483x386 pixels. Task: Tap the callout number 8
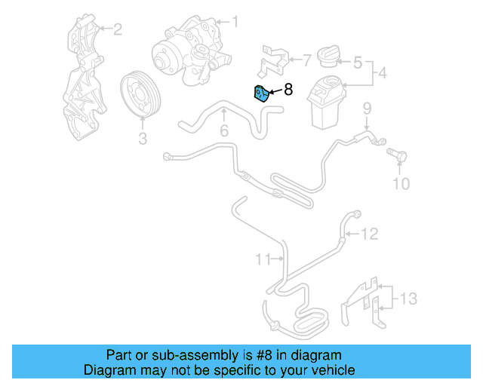pyautogui.click(x=288, y=89)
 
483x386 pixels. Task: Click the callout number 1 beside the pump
pyautogui.click(x=234, y=22)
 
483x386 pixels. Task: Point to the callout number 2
pyautogui.click(x=117, y=29)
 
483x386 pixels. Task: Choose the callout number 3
pyautogui.click(x=142, y=138)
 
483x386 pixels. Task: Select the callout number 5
pyautogui.click(x=358, y=62)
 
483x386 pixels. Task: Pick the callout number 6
pyautogui.click(x=224, y=131)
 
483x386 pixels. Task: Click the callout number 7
pyautogui.click(x=306, y=57)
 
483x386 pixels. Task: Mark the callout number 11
pyautogui.click(x=262, y=259)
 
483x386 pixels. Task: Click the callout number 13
pyautogui.click(x=408, y=299)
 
